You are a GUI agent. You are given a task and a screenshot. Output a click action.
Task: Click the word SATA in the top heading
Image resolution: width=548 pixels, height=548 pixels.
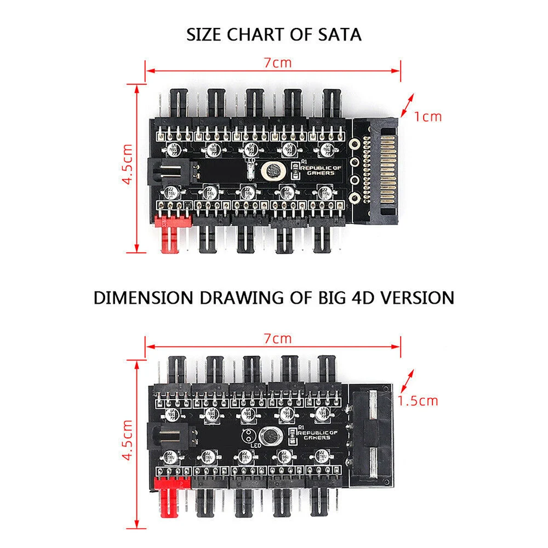click(x=337, y=35)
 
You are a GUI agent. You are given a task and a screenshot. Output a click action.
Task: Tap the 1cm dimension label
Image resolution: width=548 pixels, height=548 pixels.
click(x=428, y=116)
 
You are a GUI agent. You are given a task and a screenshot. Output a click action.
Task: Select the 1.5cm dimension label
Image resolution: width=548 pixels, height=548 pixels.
click(x=418, y=401)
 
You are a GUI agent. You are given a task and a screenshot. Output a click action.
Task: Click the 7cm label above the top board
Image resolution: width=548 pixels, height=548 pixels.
click(x=278, y=62)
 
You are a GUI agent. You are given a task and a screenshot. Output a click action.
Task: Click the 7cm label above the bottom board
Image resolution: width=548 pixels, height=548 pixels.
click(x=278, y=339)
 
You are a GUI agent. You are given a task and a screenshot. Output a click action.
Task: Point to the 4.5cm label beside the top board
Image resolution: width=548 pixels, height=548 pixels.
click(x=127, y=164)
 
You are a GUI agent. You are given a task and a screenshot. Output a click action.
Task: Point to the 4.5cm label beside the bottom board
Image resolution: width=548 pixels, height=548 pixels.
click(x=127, y=439)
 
